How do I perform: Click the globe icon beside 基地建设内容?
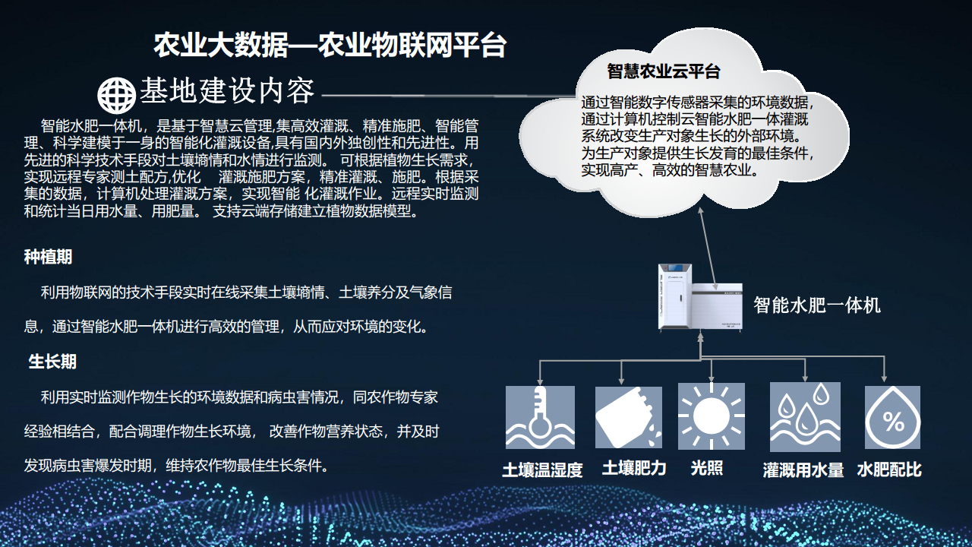click(x=116, y=95)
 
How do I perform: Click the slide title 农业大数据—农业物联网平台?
click(x=330, y=45)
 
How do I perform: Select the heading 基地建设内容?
click(x=227, y=90)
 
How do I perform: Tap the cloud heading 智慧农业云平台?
click(x=664, y=71)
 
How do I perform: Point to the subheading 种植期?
click(x=48, y=257)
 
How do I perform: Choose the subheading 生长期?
click(x=52, y=361)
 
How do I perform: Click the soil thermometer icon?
click(x=540, y=417)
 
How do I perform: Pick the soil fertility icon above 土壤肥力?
click(x=628, y=417)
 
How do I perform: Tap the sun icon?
click(x=712, y=416)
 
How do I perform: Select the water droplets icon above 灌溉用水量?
click(x=805, y=417)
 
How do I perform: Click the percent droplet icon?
click(x=892, y=417)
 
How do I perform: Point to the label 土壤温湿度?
click(x=542, y=470)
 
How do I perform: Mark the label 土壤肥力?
click(x=634, y=468)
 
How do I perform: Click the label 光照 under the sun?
click(x=707, y=468)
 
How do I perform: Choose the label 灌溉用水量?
click(x=803, y=470)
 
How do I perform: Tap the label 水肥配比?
click(x=889, y=470)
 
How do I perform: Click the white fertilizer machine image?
click(x=700, y=297)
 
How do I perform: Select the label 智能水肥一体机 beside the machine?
click(x=817, y=305)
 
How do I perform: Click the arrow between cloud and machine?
click(x=707, y=248)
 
